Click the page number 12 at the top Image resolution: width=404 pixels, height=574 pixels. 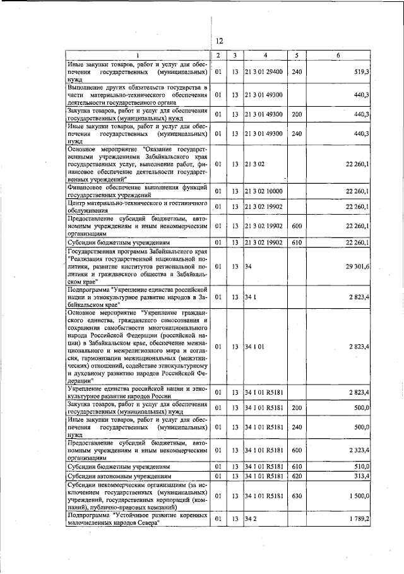click(219, 42)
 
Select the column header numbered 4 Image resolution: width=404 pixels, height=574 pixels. click(266, 56)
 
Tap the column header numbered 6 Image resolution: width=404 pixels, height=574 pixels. click(339, 56)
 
